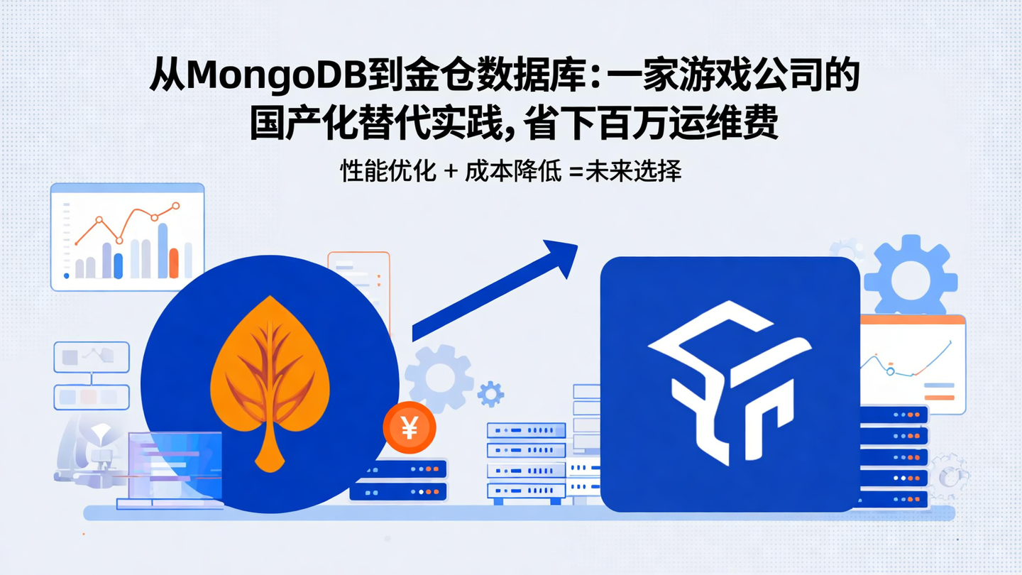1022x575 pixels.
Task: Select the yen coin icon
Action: coord(409,428)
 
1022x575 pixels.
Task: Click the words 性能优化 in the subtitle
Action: coord(388,171)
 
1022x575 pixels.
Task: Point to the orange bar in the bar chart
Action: coord(174,263)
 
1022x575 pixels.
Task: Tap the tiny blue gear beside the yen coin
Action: coord(490,393)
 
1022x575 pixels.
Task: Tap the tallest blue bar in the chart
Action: coord(163,250)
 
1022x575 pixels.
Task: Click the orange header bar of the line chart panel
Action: coord(913,320)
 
